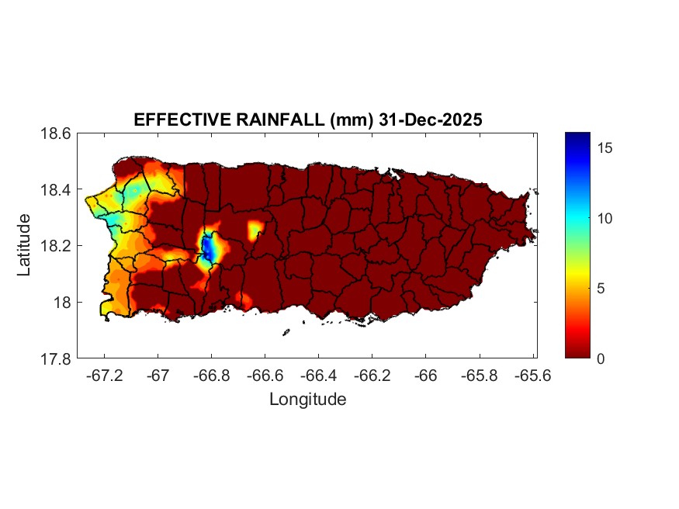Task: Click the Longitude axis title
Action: pos(307,400)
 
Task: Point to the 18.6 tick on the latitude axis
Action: pos(56,133)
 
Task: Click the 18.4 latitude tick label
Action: pos(56,190)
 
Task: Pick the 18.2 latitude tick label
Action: pos(56,246)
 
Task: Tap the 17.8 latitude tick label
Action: pos(56,358)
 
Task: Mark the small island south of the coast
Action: pos(286,332)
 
